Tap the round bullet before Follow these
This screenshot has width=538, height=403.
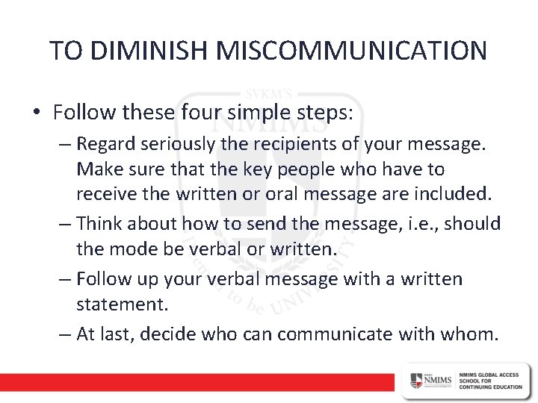tap(37, 112)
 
